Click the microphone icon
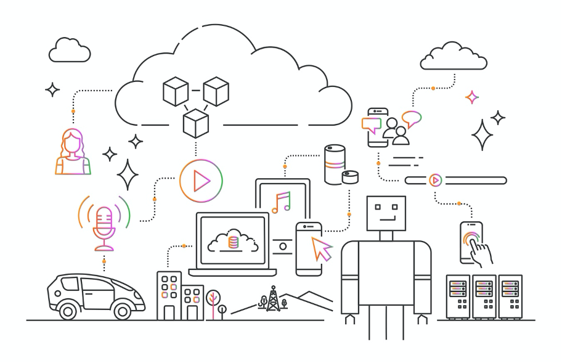coord(104,223)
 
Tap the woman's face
coord(73,144)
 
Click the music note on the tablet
coord(281,202)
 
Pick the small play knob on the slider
coord(435,181)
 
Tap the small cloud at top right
coord(453,57)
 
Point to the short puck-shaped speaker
coord(351,177)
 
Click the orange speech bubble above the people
coord(411,117)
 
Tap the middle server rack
coord(484,296)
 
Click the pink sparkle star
coord(472,97)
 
